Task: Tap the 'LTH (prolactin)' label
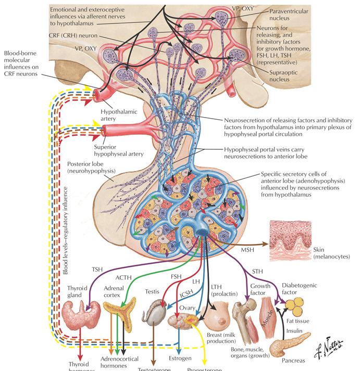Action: tap(225, 285)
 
